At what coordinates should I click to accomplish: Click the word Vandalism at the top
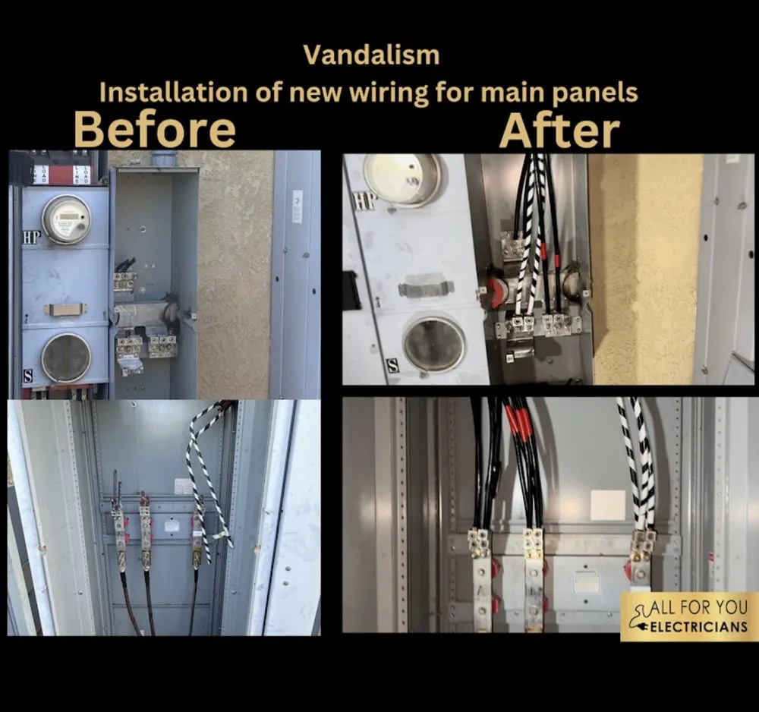click(x=370, y=55)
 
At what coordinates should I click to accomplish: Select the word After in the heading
click(x=559, y=130)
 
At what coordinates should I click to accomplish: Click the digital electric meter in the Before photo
click(x=66, y=219)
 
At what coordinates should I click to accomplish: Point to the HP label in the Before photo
click(x=31, y=238)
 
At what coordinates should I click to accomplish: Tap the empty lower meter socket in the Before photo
click(x=66, y=358)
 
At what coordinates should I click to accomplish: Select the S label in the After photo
click(x=392, y=365)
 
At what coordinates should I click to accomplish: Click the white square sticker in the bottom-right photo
click(x=607, y=505)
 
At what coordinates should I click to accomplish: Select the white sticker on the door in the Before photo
click(x=297, y=206)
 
